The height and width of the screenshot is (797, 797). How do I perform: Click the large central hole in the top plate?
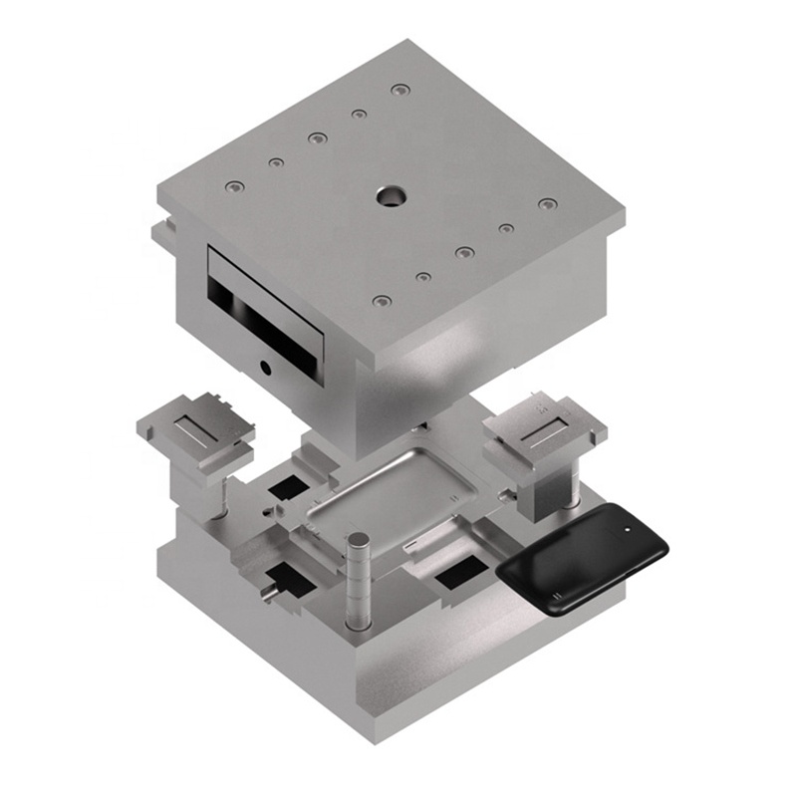tap(390, 196)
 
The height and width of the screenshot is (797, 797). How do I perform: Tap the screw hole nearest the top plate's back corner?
tap(399, 90)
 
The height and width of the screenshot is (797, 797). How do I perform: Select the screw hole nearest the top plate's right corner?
tap(547, 204)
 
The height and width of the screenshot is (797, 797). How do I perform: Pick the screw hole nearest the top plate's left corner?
tap(234, 186)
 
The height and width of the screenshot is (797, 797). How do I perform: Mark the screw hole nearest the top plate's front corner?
tap(382, 300)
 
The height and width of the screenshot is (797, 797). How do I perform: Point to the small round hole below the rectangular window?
tap(266, 367)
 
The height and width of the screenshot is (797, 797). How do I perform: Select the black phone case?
tap(583, 557)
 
